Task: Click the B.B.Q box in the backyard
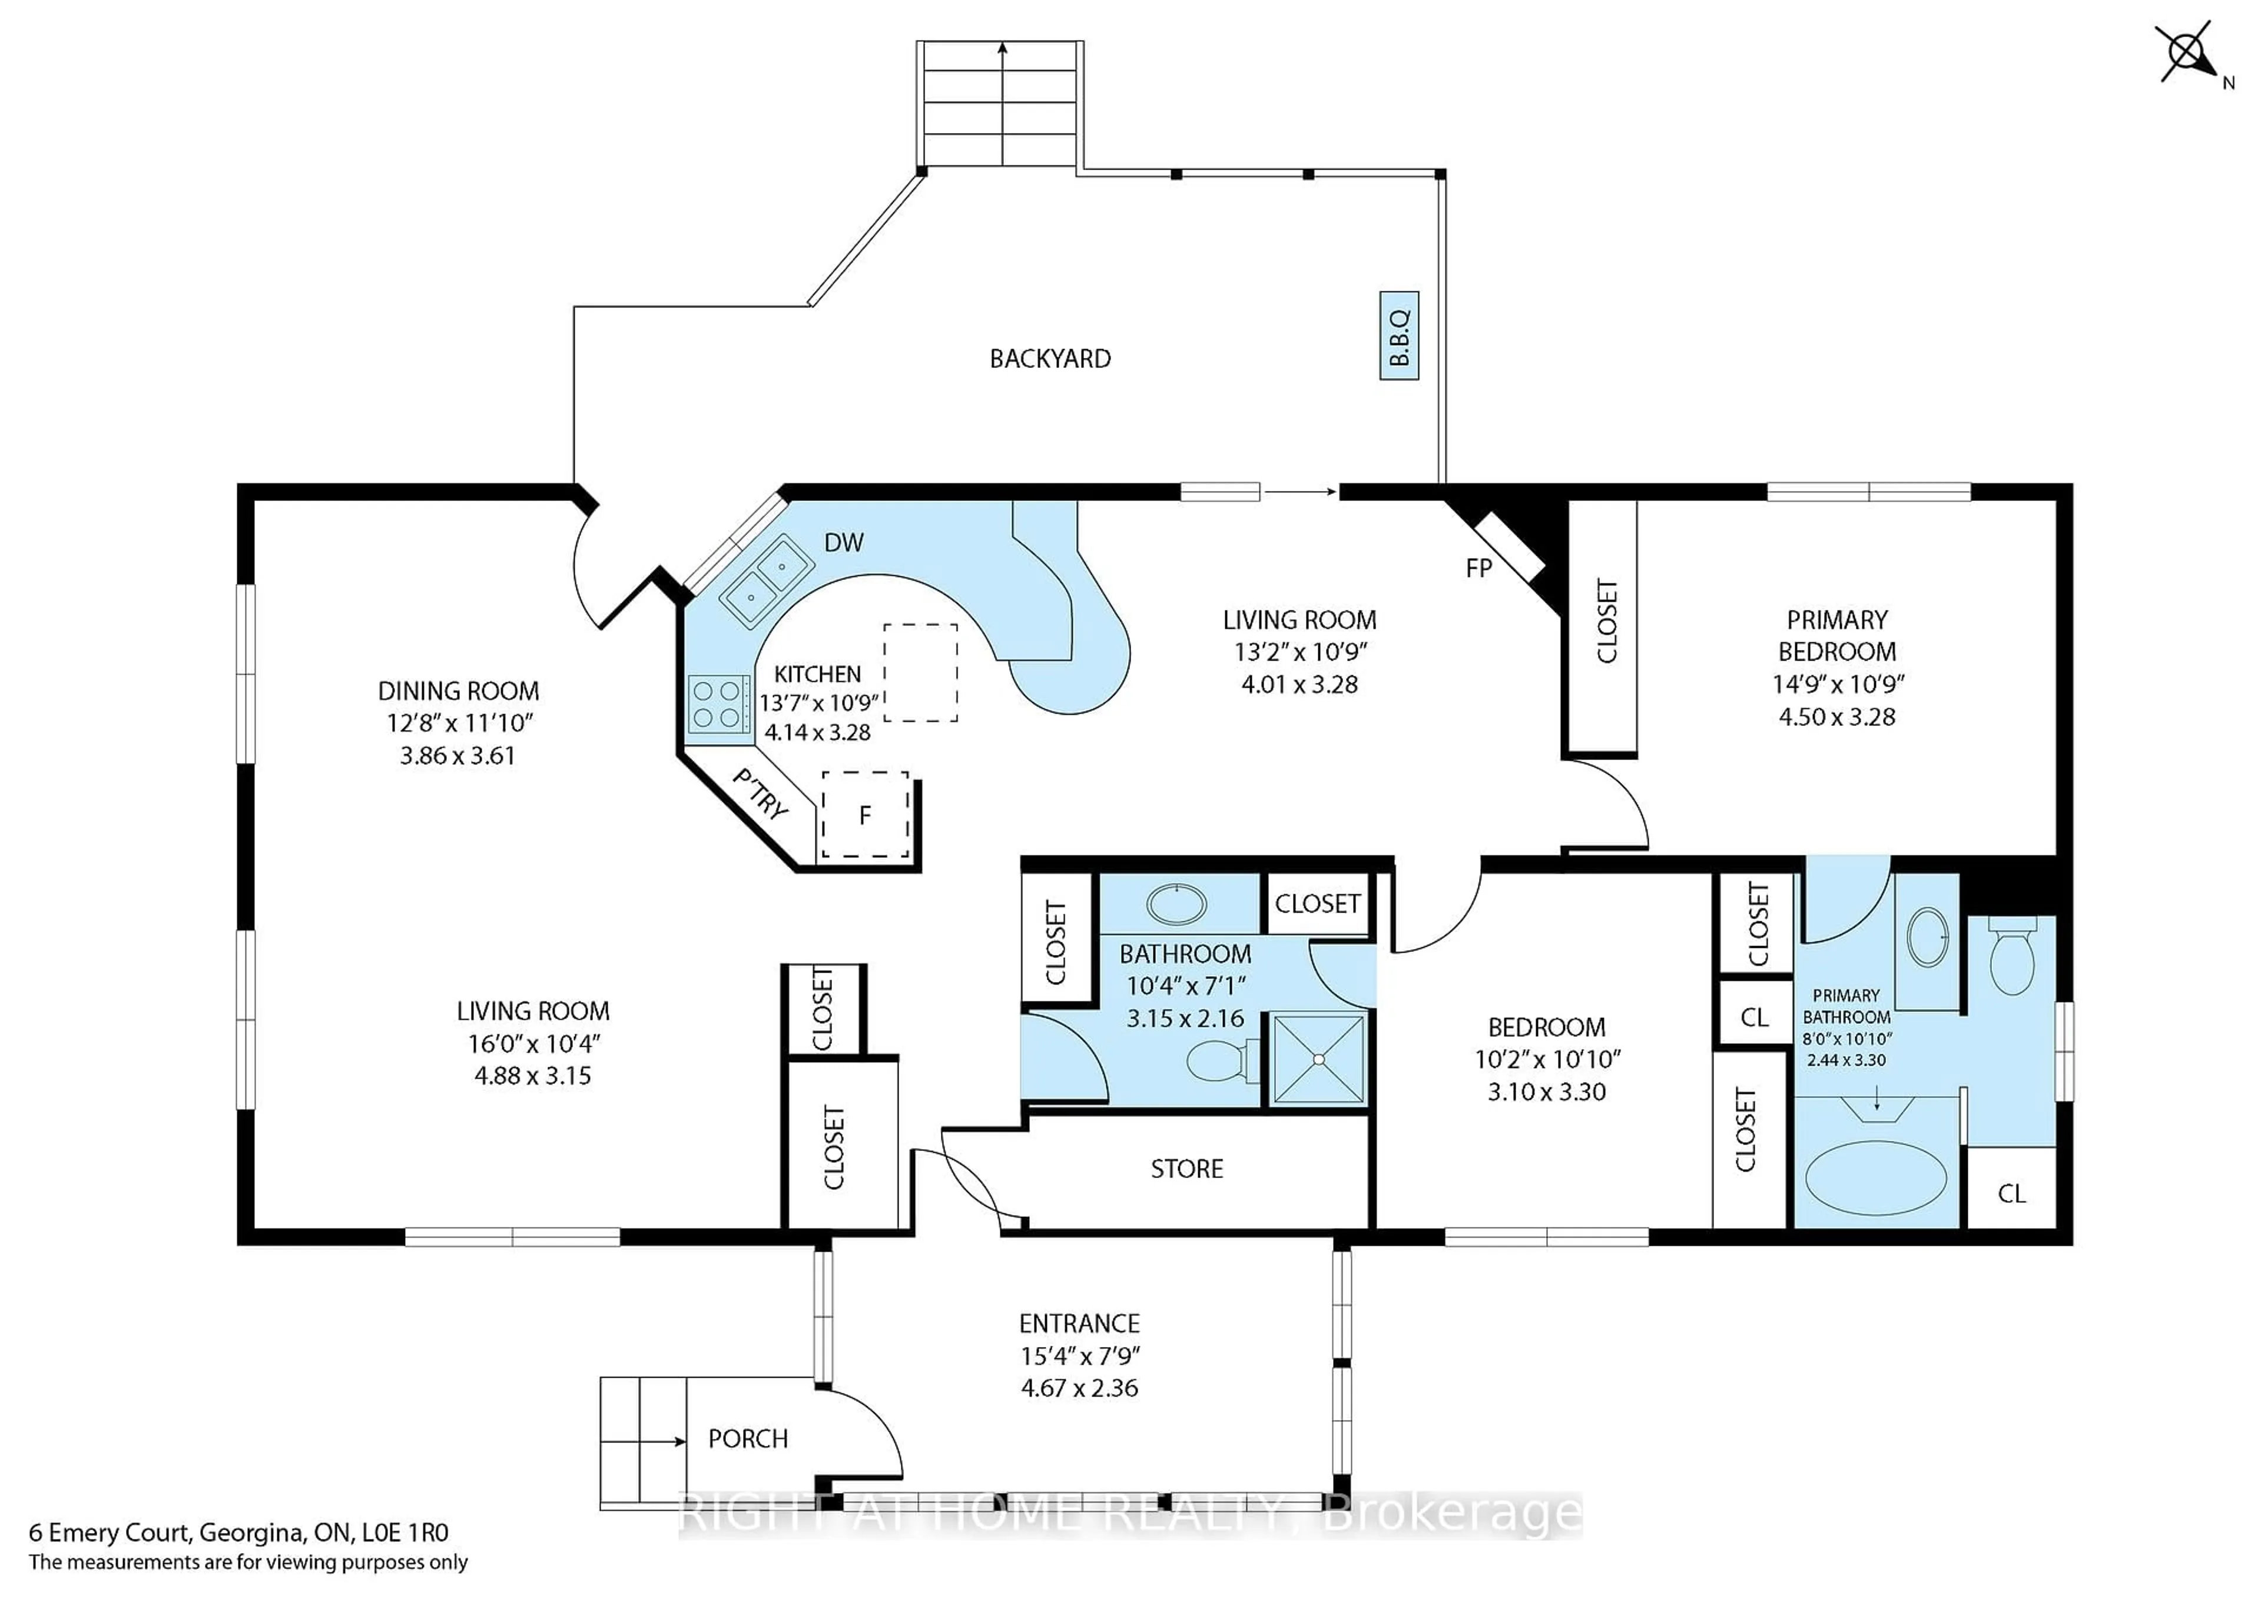[1398, 336]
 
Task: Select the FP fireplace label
[1478, 568]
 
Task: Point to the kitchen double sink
[766, 581]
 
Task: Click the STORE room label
[1186, 1169]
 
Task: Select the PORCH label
[748, 1438]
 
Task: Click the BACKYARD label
[1050, 359]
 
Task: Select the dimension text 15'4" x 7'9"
[1079, 1356]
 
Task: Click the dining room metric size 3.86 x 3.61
[458, 756]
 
